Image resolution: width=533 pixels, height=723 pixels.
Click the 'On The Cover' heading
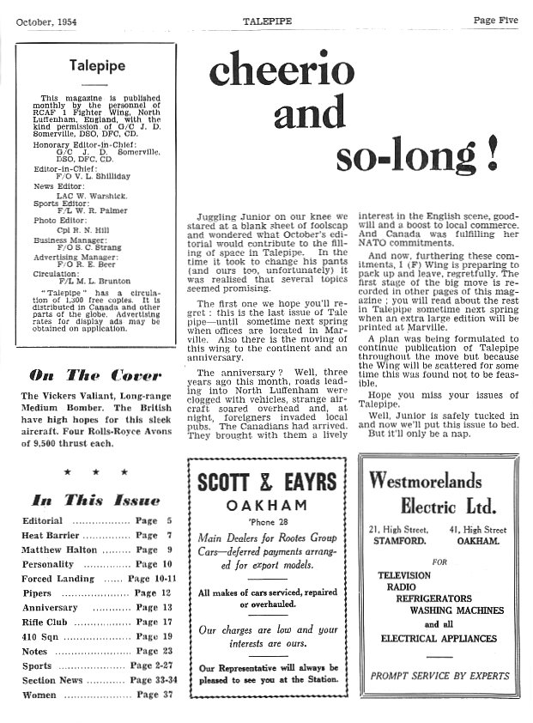pos(95,374)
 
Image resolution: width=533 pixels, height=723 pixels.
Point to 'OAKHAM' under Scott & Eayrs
pos(266,504)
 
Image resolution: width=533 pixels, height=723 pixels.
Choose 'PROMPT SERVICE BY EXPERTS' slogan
pos(439,676)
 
